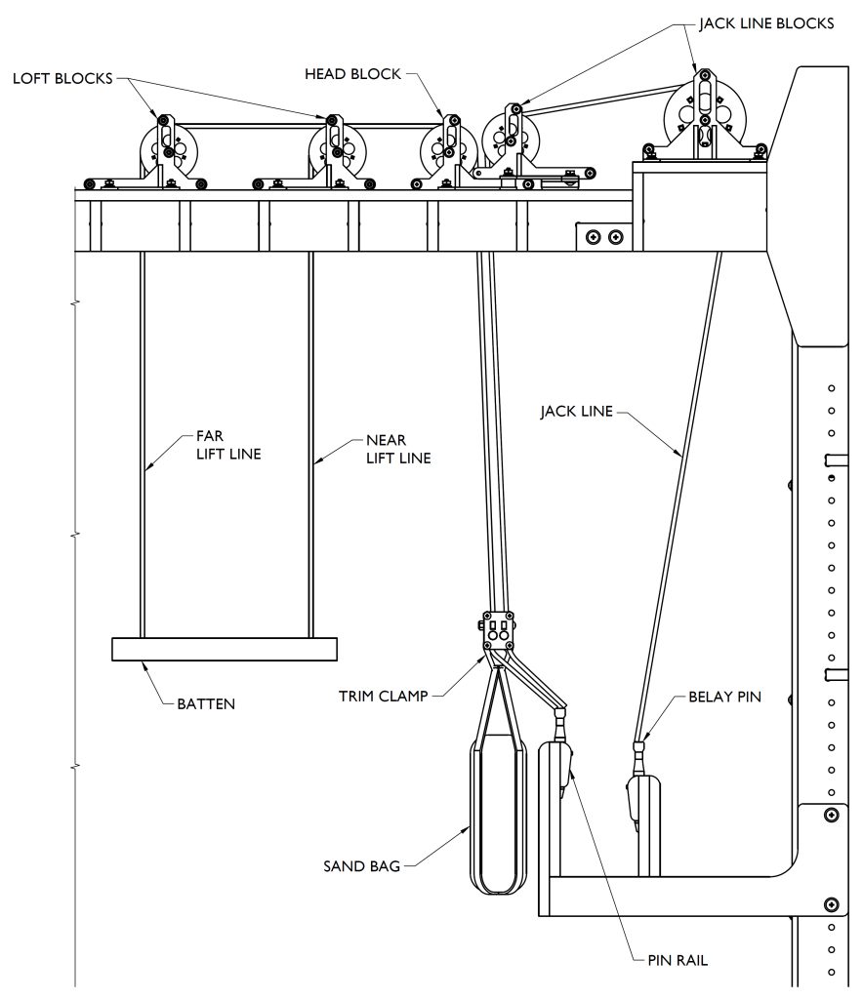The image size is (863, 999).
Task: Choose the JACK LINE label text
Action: pyautogui.click(x=576, y=411)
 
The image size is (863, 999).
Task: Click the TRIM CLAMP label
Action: pyautogui.click(x=384, y=697)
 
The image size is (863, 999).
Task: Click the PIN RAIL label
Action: pyautogui.click(x=678, y=960)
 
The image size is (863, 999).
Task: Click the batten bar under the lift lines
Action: pyautogui.click(x=224, y=649)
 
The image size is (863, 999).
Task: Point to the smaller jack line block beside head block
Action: pyautogui.click(x=512, y=141)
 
